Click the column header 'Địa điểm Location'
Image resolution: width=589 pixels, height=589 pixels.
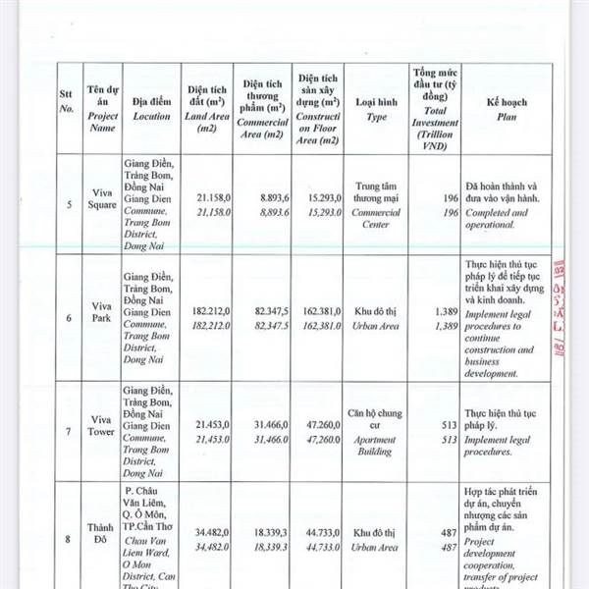tap(151, 108)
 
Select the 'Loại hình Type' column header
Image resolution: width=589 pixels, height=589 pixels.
tap(377, 108)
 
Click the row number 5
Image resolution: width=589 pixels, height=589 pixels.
tap(68, 205)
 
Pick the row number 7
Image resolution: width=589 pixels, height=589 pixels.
tap(68, 431)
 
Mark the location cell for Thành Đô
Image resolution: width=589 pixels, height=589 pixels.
tap(151, 538)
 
